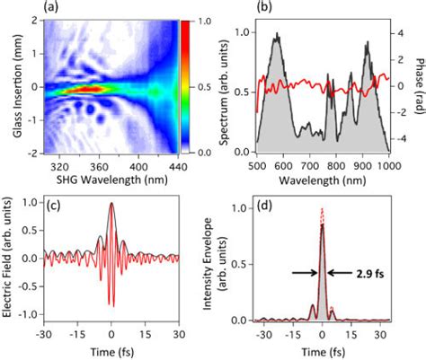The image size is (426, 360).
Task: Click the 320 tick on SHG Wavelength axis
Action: [60, 166]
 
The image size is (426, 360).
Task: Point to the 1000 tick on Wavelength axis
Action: [388, 166]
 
